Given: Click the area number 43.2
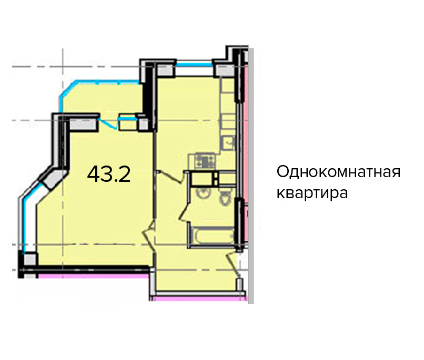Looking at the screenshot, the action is pos(109,174).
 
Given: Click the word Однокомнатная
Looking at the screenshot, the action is pos(338,172).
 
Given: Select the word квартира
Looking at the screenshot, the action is pos(312,193).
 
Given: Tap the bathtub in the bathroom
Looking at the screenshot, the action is pos(211,235).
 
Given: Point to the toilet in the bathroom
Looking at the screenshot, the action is pos(225,197).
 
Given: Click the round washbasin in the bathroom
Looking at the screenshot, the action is pos(203,193).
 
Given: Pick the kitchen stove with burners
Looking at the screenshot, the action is pos(205,160).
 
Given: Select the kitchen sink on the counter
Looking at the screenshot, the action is pos(228,142).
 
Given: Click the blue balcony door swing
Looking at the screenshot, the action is pos(108,124).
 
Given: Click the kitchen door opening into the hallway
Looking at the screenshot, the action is pos(170,177).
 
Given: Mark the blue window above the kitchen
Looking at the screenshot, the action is pos(194,64).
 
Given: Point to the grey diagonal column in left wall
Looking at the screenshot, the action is pos(53,179).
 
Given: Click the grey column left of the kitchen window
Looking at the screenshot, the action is pos(165,70).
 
